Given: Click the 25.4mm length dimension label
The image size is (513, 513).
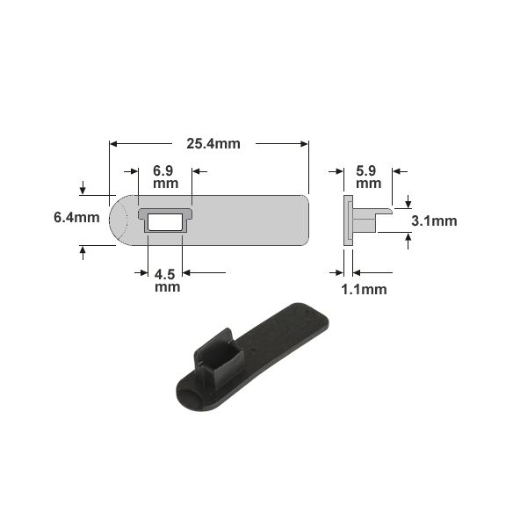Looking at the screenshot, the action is point(213,144).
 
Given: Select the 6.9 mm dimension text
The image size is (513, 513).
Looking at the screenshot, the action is point(165,177).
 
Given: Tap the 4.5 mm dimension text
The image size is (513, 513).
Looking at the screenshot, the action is point(167,281).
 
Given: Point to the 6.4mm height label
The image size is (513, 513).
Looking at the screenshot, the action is point(76,218).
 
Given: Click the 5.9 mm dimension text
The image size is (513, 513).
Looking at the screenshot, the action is point(368,177).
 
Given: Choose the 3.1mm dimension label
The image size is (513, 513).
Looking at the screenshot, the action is point(434,221).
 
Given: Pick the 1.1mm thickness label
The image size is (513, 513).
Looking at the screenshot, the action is point(364,290).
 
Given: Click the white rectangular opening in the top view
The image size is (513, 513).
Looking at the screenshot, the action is point(165,222).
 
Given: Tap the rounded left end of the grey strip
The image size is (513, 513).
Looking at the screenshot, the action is point(119,220).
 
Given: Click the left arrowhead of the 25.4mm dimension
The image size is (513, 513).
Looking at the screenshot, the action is point(113,144).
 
